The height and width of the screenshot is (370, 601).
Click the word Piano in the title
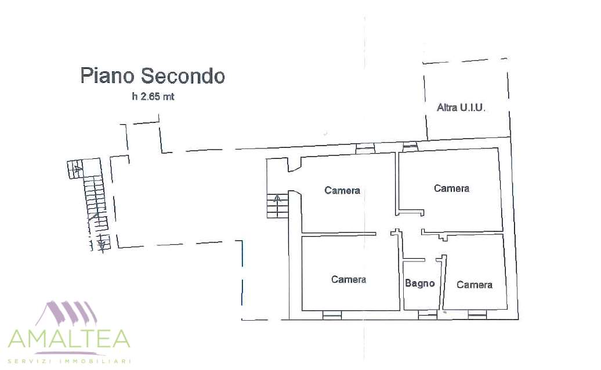coord(107,75)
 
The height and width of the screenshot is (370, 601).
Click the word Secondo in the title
coord(182,75)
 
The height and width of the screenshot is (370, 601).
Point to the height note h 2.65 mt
coord(153,96)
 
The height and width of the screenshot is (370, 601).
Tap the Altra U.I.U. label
coord(461,108)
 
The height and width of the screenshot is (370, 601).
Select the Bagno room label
coord(419,283)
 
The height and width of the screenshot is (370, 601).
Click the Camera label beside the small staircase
coord(342,190)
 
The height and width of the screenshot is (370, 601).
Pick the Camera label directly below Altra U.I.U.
coord(451,188)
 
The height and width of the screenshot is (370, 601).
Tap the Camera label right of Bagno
coord(475,285)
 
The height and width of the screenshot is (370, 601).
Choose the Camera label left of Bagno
coord(349,280)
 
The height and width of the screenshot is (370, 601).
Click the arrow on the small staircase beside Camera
coord(277,198)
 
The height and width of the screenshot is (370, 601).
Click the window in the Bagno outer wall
coord(428,315)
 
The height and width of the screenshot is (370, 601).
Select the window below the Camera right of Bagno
coord(477,315)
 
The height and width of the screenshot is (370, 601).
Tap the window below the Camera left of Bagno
coord(332,315)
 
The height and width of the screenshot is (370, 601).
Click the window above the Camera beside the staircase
coord(365,148)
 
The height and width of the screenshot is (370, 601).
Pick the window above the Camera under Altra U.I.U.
coord(410,146)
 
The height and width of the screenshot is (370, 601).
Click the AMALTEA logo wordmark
coord(70,338)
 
